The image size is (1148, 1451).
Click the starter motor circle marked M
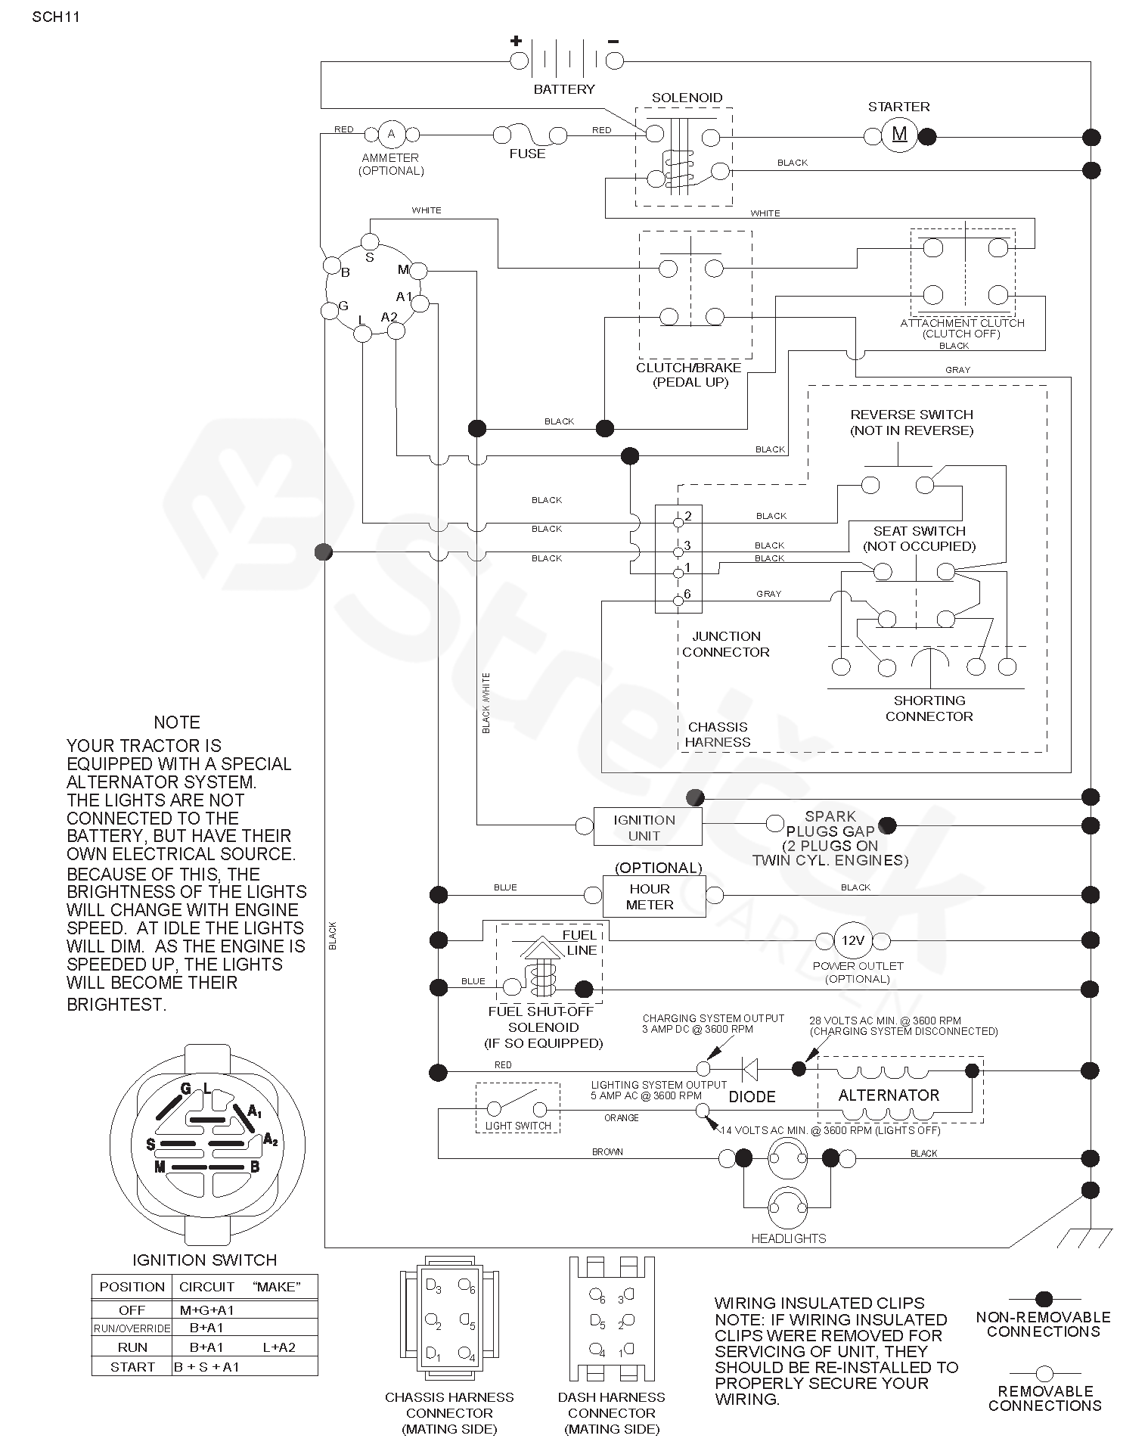(x=899, y=135)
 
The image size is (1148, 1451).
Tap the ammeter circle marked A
(x=391, y=134)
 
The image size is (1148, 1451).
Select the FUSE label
(x=527, y=154)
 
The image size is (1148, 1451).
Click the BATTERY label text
(x=564, y=89)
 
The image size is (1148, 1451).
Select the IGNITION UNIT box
(x=647, y=826)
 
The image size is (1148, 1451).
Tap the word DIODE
(x=752, y=1096)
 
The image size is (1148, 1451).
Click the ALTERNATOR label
(x=889, y=1095)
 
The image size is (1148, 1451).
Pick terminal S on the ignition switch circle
(x=370, y=241)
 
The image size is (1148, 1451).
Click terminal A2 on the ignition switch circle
(x=396, y=331)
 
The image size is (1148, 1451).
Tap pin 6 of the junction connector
(x=678, y=601)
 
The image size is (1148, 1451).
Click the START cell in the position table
(x=132, y=1387)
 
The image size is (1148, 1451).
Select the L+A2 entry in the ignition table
(x=279, y=1368)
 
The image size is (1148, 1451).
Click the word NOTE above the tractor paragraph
(x=177, y=722)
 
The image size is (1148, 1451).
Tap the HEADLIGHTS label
(x=789, y=1238)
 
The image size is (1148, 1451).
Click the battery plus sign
(x=516, y=41)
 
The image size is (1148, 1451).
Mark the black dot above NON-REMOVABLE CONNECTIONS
(x=1044, y=1300)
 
